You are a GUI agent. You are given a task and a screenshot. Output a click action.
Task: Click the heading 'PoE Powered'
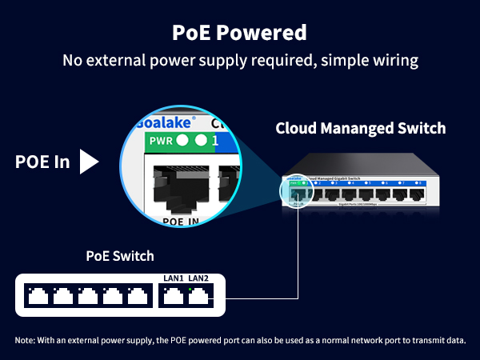(x=240, y=33)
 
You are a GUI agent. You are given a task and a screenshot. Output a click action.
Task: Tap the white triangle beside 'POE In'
(x=90, y=162)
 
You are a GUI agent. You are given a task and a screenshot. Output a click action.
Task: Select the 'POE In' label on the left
(x=42, y=162)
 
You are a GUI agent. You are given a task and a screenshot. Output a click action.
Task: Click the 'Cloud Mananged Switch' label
(x=360, y=128)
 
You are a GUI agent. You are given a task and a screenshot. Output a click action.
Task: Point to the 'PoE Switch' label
(x=120, y=257)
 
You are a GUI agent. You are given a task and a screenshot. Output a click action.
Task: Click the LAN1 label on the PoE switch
(x=172, y=278)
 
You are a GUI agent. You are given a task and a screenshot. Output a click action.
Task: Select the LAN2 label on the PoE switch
(x=199, y=278)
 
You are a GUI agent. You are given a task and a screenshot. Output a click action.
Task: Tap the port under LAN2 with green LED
(x=198, y=296)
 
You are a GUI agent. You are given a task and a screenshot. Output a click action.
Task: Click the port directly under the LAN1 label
(x=172, y=296)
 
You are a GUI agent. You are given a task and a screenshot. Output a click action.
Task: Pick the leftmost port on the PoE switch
(x=37, y=296)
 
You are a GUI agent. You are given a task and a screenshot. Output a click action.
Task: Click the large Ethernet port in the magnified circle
(x=181, y=184)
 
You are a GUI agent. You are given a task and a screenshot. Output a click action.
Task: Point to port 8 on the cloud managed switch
(x=415, y=193)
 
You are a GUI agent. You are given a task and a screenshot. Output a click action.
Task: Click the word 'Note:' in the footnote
(x=27, y=341)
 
